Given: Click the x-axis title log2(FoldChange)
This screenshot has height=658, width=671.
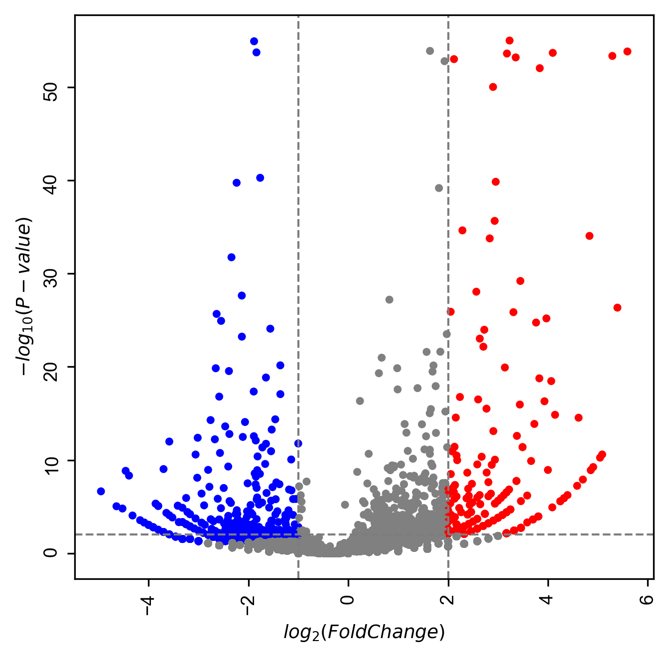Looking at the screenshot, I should tap(364, 632).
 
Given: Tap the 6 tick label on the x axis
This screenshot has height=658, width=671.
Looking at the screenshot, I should tap(648, 599).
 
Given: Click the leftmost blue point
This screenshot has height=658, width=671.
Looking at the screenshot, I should tap(101, 491).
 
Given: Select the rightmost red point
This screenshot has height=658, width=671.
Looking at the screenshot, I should tap(627, 52).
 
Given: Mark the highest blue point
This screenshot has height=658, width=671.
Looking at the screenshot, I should tap(254, 41).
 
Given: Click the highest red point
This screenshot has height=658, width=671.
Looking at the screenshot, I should tap(510, 41).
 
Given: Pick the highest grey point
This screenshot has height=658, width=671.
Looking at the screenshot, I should tap(430, 51).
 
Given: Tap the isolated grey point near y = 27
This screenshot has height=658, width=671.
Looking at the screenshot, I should tap(390, 299).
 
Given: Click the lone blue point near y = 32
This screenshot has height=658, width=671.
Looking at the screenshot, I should tap(232, 257).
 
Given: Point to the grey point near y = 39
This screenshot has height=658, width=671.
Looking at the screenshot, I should tap(439, 188).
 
